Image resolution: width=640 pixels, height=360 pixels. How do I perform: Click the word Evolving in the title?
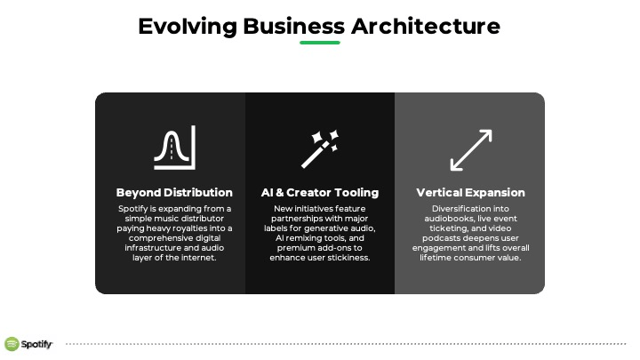tap(188, 27)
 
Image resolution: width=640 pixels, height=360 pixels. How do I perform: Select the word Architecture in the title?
tap(425, 26)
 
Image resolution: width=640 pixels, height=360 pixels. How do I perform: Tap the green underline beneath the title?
tap(320, 43)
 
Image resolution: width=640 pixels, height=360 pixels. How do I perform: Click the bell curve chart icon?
tap(175, 148)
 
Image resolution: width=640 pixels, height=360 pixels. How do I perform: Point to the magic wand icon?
tap(320, 149)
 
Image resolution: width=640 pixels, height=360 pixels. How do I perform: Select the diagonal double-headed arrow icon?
tap(471, 150)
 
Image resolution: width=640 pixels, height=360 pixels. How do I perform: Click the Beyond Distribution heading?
tap(174, 192)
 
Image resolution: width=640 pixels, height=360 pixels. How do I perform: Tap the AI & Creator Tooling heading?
tap(320, 192)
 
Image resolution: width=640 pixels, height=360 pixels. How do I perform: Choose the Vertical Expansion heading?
tap(470, 192)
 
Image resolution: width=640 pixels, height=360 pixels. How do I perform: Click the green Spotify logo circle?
tap(12, 344)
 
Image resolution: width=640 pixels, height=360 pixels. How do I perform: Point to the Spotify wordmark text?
tap(36, 344)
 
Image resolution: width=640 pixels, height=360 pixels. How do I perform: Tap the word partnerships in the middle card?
tap(295, 219)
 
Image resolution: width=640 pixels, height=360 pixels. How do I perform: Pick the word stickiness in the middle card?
tap(350, 258)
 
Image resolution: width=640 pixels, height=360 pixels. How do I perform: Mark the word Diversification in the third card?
tap(456, 209)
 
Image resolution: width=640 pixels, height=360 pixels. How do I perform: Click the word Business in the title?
tap(294, 27)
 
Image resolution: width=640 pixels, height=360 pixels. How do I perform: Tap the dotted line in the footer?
tap(346, 344)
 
